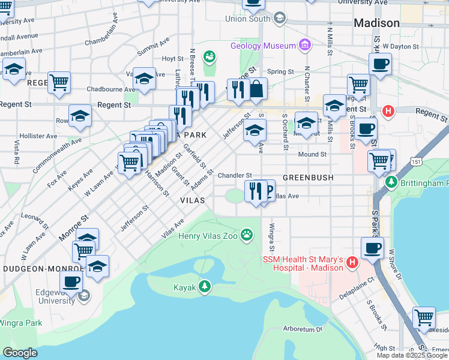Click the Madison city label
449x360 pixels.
point(376,23)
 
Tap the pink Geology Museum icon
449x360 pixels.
point(306,46)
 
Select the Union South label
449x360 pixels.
point(247,19)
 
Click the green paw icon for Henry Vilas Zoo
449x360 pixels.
point(247,235)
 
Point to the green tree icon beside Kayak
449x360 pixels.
point(205,286)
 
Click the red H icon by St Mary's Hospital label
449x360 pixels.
point(352,262)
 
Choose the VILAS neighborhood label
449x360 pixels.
point(192,200)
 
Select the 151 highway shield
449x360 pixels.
point(416,161)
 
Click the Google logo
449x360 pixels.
point(20,352)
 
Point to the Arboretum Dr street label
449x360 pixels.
point(303,329)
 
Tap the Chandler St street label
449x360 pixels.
point(234,175)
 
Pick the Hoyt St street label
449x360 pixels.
point(172,59)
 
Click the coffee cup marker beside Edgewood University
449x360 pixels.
point(71,281)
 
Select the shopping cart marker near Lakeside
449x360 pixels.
point(424,316)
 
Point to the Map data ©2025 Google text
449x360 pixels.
point(412,355)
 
